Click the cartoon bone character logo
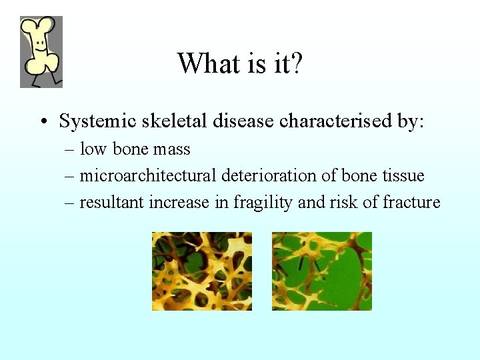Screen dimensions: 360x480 [41, 52]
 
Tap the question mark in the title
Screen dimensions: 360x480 [295, 63]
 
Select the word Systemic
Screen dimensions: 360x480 [99, 121]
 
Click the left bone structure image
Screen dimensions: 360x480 [202, 271]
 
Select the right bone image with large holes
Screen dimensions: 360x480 [322, 271]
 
